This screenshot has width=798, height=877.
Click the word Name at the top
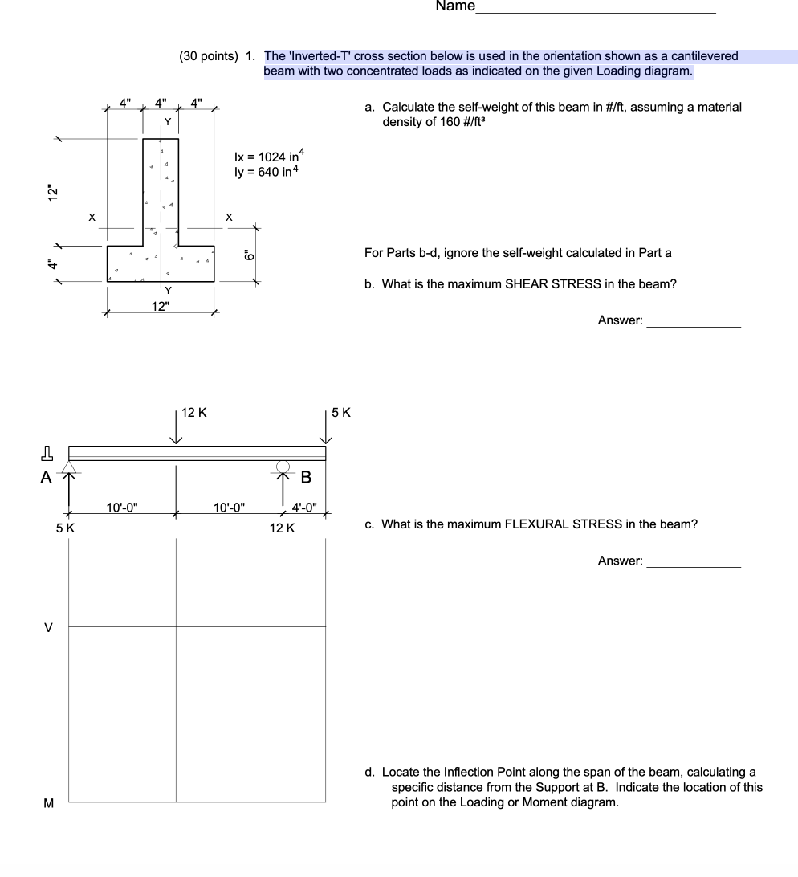pyautogui.click(x=455, y=7)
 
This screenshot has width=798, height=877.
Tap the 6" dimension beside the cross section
pyautogui.click(x=250, y=255)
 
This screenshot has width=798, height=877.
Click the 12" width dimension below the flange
pyautogui.click(x=161, y=306)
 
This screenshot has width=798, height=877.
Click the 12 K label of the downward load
pyautogui.click(x=193, y=413)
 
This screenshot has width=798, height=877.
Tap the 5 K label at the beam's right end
pyautogui.click(x=341, y=414)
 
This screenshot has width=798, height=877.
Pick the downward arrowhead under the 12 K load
pyautogui.click(x=176, y=439)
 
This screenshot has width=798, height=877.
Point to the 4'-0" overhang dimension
pyautogui.click(x=305, y=507)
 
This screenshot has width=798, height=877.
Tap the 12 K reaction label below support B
pyautogui.click(x=283, y=528)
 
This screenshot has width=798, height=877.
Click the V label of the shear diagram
pyautogui.click(x=47, y=627)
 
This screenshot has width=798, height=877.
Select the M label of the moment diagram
pyautogui.click(x=48, y=802)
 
